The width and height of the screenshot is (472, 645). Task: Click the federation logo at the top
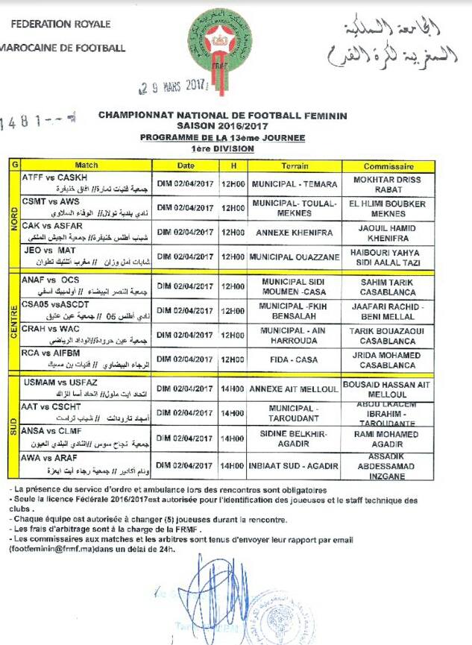(x=219, y=43)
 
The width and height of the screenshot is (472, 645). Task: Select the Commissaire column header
(x=388, y=166)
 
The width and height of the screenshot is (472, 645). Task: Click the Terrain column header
(x=295, y=166)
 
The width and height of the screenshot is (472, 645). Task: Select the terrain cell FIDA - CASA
(x=295, y=359)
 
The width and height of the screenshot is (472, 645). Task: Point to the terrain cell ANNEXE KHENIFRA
(x=295, y=231)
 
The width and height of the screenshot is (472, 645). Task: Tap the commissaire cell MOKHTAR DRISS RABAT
(x=388, y=184)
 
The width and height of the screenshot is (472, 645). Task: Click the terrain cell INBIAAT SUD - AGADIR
(x=295, y=465)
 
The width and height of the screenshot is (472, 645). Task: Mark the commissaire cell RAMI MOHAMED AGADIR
(x=388, y=438)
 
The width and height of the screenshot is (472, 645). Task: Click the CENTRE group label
(x=13, y=322)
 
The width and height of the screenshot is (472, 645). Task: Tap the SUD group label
(x=13, y=426)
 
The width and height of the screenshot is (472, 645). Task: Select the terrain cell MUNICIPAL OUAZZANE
(x=295, y=257)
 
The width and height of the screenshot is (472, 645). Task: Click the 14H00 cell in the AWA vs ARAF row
(x=233, y=465)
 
